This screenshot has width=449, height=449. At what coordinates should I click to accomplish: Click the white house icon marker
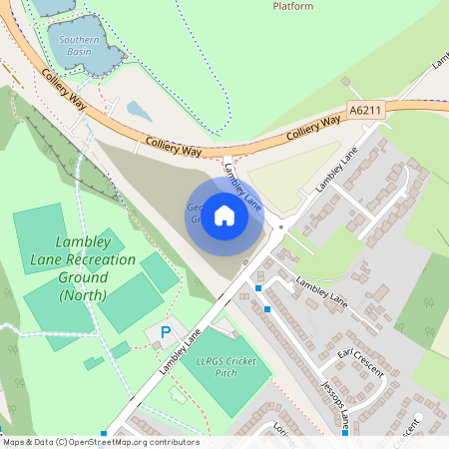coord(224,215)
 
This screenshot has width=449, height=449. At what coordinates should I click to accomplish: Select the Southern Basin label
coord(79,46)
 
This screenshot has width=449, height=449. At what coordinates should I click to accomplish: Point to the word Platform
coord(293,6)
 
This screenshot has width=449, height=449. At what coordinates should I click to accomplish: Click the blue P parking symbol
coord(166,331)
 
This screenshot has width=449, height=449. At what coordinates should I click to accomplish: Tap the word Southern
coord(79,40)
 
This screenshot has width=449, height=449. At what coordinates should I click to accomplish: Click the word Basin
coord(79,52)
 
